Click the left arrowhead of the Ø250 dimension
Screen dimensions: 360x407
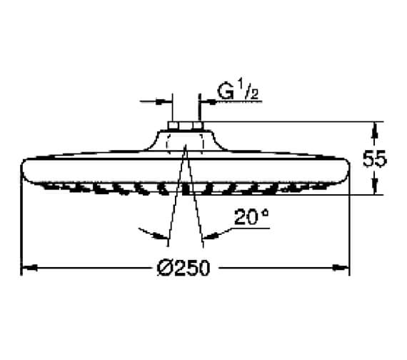coord(26,269)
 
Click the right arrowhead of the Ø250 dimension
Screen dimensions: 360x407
coord(345,269)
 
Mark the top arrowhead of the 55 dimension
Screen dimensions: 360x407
coord(374,126)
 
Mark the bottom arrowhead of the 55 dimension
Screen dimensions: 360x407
coord(374,191)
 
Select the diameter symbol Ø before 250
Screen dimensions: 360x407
coord(165,269)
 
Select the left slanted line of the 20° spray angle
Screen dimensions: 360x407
coord(176,193)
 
